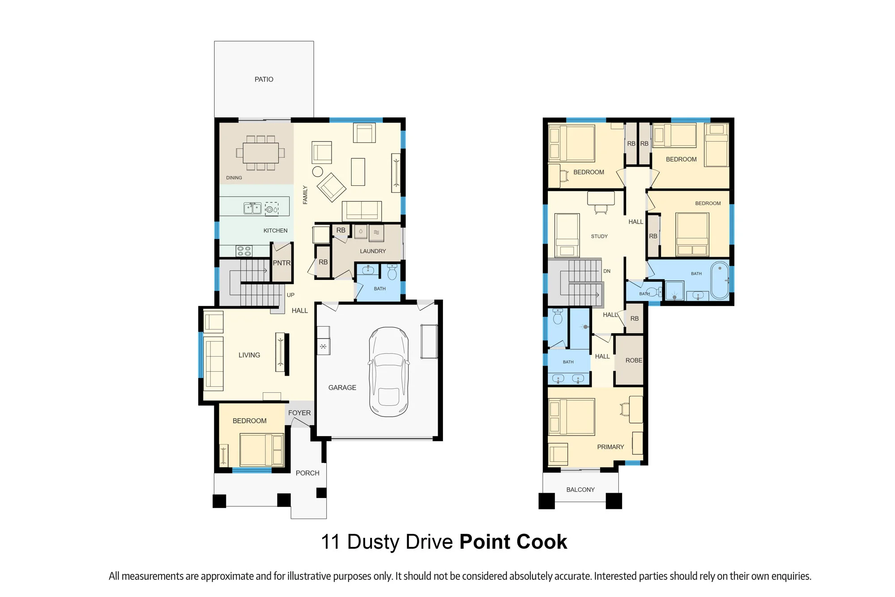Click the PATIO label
click(264, 79)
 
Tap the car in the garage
click(388, 372)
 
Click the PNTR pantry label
click(282, 263)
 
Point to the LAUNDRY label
click(373, 251)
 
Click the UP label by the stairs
click(290, 295)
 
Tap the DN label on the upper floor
click(607, 271)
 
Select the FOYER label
click(299, 413)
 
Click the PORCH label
click(307, 473)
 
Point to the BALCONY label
click(580, 490)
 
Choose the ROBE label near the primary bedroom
click(634, 361)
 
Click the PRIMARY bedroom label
click(610, 447)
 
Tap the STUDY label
click(599, 236)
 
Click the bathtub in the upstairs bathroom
click(720, 280)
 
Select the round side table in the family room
click(318, 171)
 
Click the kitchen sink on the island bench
click(252, 208)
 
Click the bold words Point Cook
click(513, 542)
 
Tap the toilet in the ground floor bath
click(392, 272)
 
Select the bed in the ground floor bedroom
click(262, 450)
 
